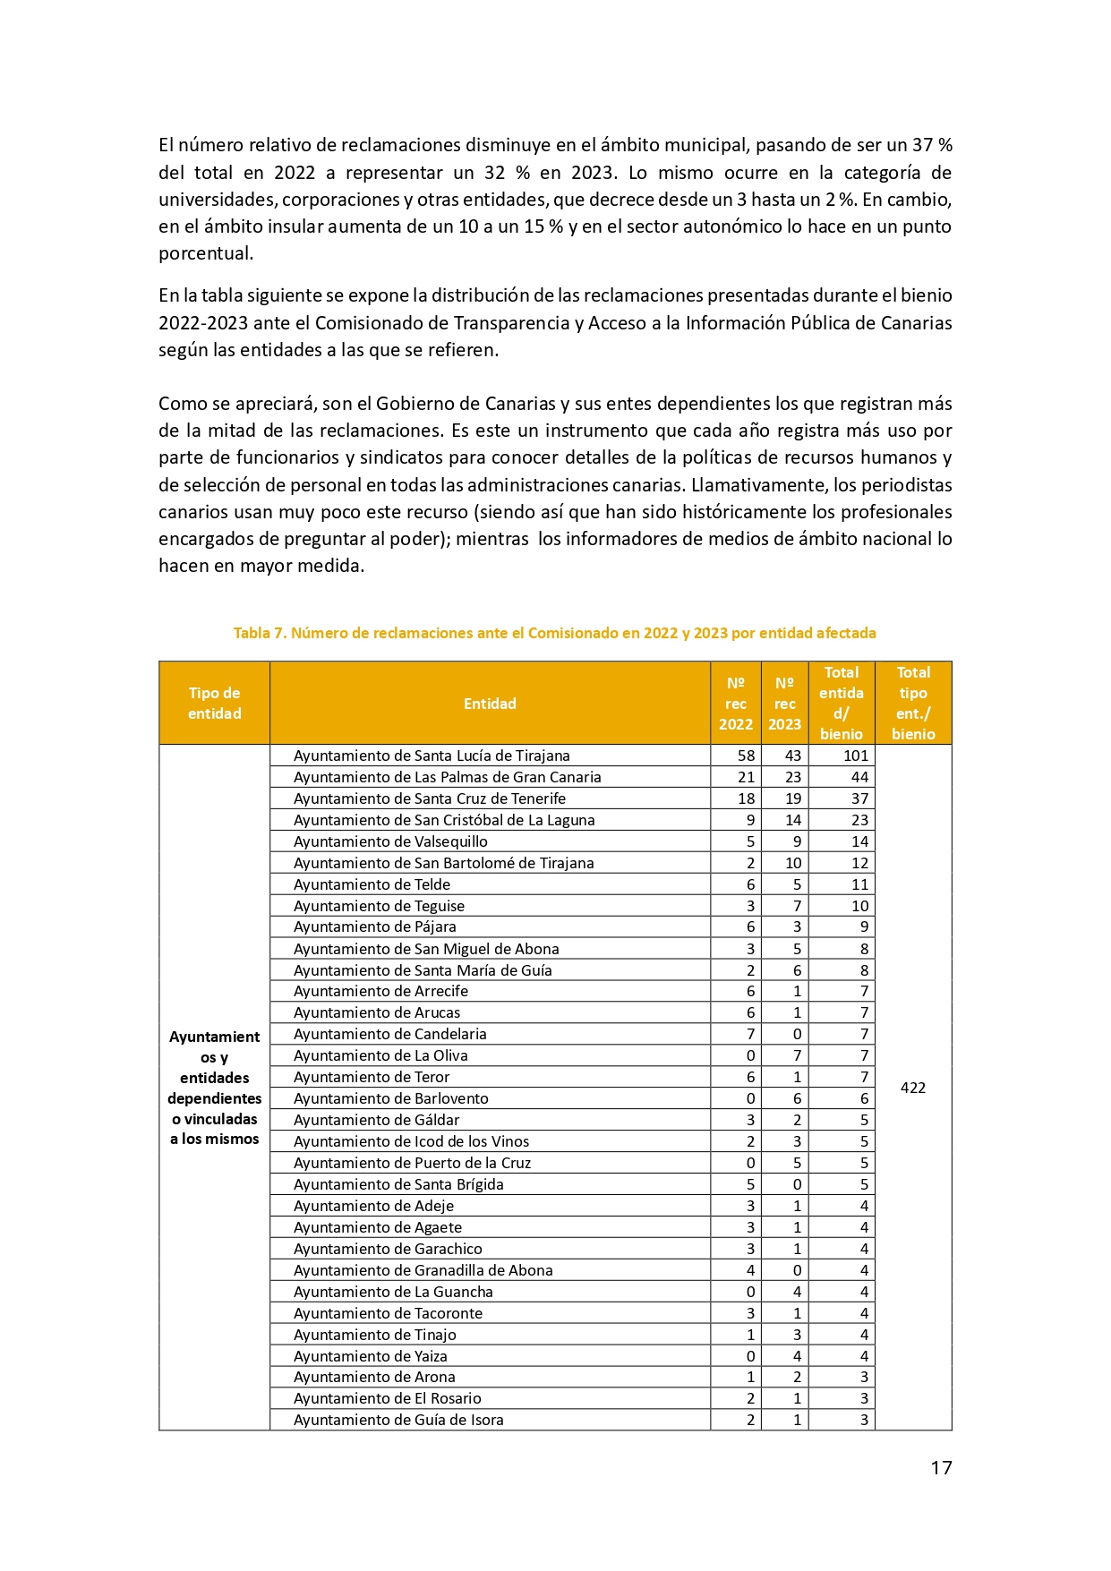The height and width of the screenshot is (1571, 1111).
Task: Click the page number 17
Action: point(940,1467)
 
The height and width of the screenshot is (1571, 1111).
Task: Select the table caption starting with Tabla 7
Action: point(554,633)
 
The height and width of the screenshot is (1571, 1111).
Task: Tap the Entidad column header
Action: point(490,704)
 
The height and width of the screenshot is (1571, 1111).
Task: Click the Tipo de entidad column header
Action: point(214,704)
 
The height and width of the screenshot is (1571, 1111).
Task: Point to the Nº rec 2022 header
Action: point(735,704)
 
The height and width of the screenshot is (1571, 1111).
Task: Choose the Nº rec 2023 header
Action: point(784,704)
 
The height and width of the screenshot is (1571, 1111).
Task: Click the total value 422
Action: point(912,1088)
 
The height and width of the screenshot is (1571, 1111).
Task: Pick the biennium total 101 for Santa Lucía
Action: point(855,756)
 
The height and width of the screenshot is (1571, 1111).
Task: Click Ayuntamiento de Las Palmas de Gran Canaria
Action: point(447,777)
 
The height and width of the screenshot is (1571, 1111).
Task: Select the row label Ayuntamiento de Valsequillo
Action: point(390,841)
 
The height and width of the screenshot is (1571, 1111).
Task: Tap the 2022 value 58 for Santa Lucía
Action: point(746,756)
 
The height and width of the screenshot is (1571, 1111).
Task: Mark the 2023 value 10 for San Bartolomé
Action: point(792,863)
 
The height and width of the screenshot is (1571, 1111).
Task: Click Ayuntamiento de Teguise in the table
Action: point(379,906)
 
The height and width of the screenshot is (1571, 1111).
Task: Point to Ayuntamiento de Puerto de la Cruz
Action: point(412,1163)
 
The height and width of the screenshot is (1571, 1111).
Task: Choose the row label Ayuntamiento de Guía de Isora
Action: point(398,1420)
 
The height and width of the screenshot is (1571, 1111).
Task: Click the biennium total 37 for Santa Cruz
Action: point(859,798)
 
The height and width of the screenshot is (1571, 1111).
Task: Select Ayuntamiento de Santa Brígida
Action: point(398,1184)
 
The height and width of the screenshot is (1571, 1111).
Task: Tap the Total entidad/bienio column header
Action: point(841,704)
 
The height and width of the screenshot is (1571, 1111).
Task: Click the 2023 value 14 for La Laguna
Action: point(792,820)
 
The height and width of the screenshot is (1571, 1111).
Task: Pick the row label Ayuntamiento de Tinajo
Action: point(374,1335)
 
